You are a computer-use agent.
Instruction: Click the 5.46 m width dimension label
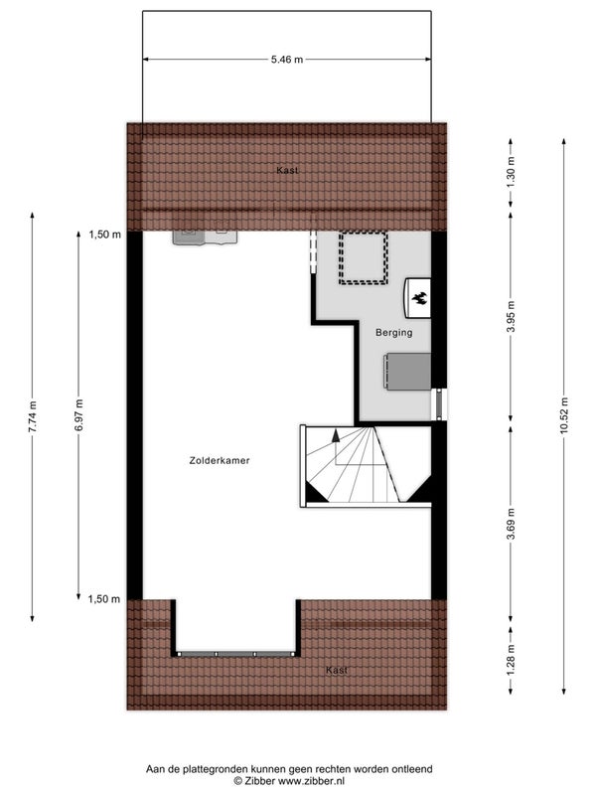coord(287,60)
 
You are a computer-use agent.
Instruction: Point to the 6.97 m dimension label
coord(80,416)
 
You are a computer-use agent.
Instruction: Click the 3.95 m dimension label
coord(511,317)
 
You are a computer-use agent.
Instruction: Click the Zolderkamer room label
coord(221,461)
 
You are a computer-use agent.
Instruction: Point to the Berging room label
coord(393,333)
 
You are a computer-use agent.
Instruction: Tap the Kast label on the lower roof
coord(338,671)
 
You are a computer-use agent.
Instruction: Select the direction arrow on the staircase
coord(336,434)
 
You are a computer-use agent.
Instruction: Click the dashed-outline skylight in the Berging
coord(363,257)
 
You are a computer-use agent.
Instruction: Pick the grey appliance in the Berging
coord(406,372)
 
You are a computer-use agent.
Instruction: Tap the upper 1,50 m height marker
coord(104,235)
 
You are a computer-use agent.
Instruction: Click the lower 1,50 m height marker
coord(104,598)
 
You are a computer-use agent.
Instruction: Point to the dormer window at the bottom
coord(236,653)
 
